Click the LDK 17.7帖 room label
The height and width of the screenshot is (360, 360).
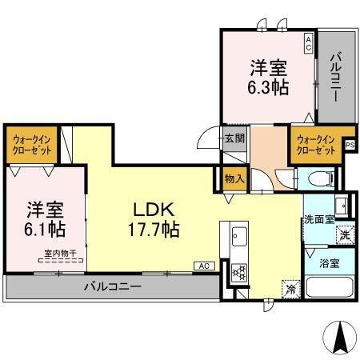point(155,219)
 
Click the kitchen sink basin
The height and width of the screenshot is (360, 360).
point(239,237)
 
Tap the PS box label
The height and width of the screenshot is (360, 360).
point(350,144)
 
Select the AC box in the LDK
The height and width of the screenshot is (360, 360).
point(203,266)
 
